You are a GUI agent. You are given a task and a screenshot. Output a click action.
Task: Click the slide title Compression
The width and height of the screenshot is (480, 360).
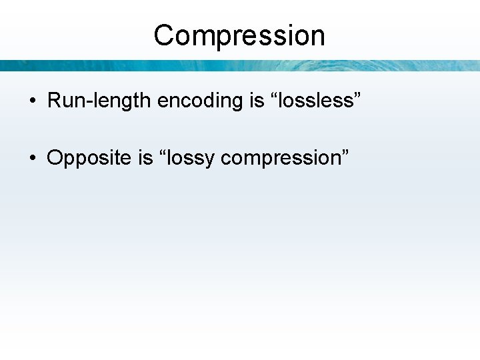tap(239, 35)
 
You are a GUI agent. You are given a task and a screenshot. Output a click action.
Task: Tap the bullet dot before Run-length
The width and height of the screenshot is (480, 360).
tap(32, 101)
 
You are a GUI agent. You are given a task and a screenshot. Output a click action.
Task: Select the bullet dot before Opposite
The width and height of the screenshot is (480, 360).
tap(32, 159)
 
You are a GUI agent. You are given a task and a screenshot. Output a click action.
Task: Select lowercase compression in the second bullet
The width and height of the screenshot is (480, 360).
tap(279, 159)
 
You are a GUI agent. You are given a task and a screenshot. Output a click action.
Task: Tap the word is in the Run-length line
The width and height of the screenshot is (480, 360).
tap(257, 101)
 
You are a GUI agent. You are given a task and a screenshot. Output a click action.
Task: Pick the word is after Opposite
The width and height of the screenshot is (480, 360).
tap(146, 158)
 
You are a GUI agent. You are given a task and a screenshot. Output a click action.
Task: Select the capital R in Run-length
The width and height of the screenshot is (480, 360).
tap(54, 101)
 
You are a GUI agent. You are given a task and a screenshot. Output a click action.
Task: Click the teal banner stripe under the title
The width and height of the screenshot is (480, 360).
tap(239, 65)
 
